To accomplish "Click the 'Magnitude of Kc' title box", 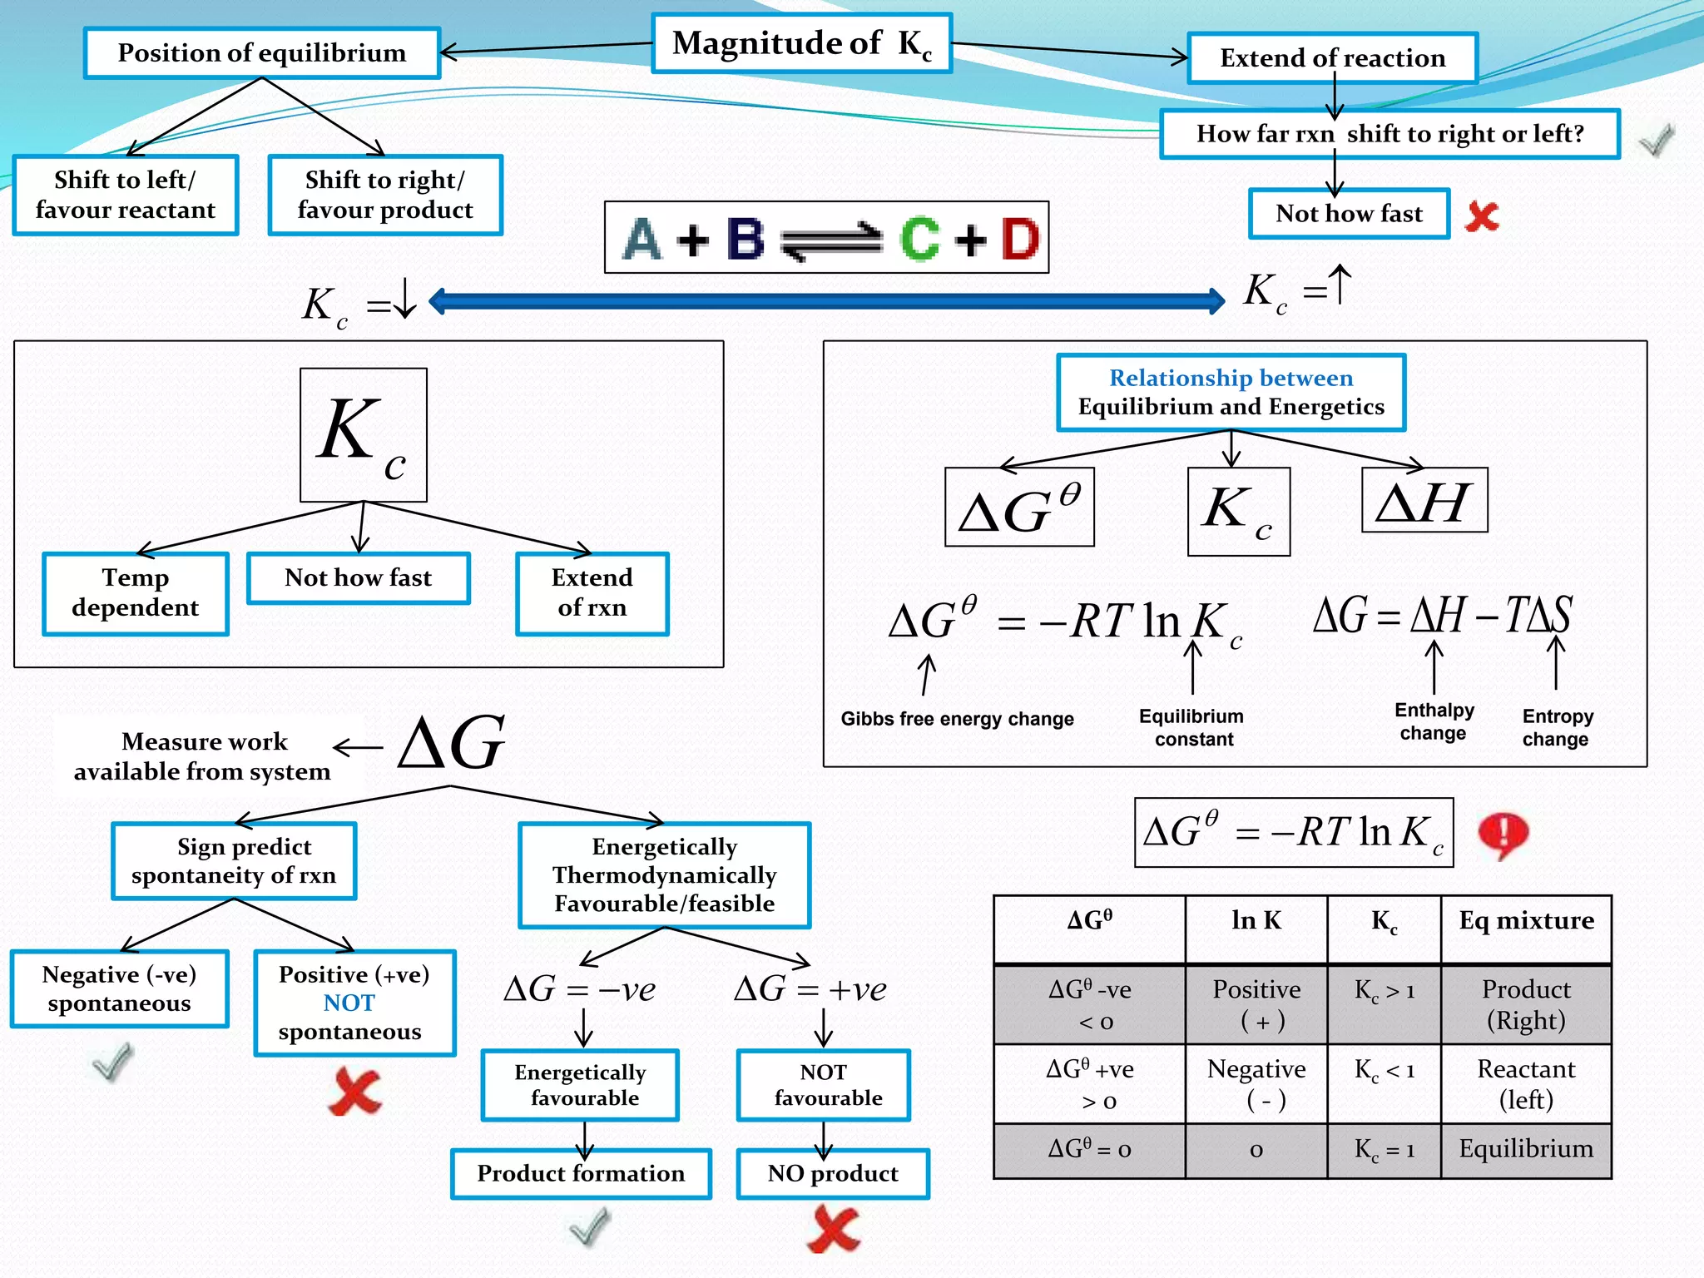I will tap(801, 43).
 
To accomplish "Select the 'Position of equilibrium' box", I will tap(261, 53).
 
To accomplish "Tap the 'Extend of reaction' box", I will tap(1332, 58).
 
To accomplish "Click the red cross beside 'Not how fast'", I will tap(1482, 216).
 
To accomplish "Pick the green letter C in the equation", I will tap(919, 239).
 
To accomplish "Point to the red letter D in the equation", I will tap(1019, 239).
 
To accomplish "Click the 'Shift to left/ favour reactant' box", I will tap(126, 196).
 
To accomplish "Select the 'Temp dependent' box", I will tap(136, 593).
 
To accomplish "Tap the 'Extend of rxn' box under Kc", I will tap(592, 593).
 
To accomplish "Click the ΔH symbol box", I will tap(1424, 501).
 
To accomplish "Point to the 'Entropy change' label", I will tap(1557, 728).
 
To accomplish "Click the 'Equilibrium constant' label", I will tap(1191, 728).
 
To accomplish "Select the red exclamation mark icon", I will tap(1502, 834).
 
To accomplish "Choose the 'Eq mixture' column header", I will tap(1526, 921).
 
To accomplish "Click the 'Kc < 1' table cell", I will tap(1384, 1070).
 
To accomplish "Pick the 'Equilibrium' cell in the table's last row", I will tap(1526, 1149).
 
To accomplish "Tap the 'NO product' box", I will tap(832, 1174).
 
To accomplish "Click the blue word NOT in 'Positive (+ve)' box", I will tap(349, 1003).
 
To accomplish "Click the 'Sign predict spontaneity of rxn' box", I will tap(234, 861).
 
